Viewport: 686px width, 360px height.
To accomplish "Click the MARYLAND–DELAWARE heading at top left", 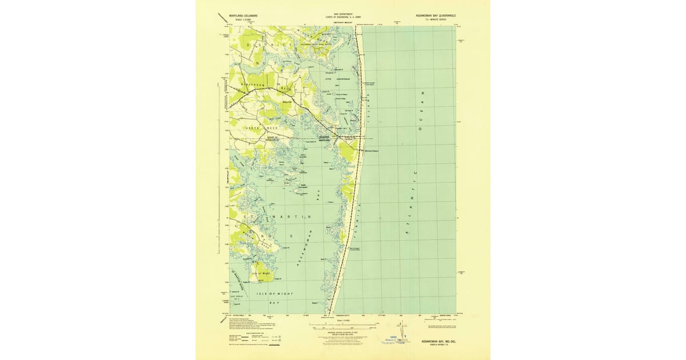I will (x=243, y=17).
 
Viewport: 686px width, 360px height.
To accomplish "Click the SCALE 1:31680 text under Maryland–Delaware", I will (x=243, y=21).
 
